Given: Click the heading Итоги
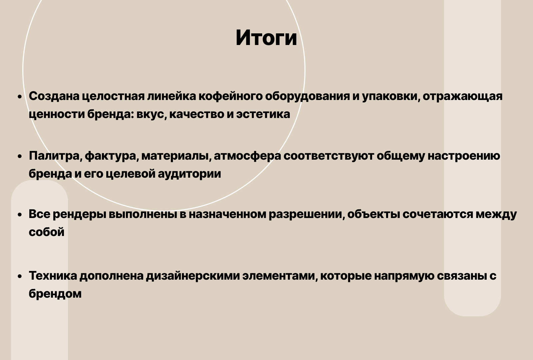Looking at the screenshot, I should pos(266,38).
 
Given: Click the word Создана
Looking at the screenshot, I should pos(54,96).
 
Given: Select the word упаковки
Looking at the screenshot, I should pos(390,96).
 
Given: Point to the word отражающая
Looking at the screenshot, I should pos(462,96).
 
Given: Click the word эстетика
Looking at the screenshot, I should pos(263,114).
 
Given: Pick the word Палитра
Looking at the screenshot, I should pos(55,156).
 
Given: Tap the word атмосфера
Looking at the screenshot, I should pos(248,156).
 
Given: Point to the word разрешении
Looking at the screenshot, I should pos(306,214).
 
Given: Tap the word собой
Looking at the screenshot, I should pos(46,232).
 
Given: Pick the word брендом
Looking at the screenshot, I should pos(55,294).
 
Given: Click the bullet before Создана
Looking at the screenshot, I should pos(20,97).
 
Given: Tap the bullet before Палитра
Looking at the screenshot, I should pos(20,156).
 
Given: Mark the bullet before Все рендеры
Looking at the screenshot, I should pos(20,215).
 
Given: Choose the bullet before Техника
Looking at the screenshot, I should pos(20,276).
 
